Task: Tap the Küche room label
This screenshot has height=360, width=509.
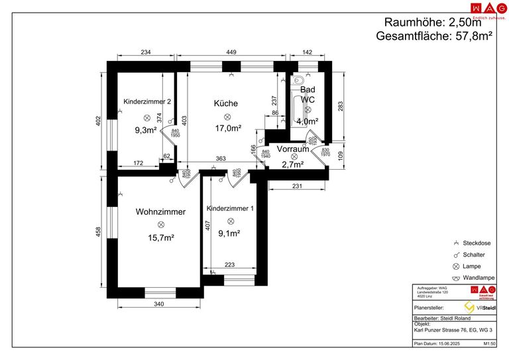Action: (x=225, y=103)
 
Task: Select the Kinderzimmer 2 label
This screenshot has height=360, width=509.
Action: (x=148, y=101)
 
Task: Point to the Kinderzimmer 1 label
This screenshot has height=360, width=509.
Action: (x=230, y=208)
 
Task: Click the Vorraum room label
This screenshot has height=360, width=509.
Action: (x=292, y=149)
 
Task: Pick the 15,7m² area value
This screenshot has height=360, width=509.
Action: (x=160, y=237)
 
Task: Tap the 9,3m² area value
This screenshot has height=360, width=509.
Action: (x=146, y=130)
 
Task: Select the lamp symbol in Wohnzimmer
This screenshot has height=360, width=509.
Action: (x=160, y=225)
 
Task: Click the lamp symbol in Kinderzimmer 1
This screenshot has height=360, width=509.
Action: (x=230, y=221)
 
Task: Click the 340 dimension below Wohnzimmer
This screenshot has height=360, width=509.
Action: (x=158, y=304)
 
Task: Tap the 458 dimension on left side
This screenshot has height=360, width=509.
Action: (x=98, y=231)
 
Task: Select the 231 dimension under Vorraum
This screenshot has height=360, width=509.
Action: (x=298, y=186)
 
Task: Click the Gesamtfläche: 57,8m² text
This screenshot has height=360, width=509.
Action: (x=433, y=36)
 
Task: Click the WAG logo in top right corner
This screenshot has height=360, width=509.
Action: (x=483, y=8)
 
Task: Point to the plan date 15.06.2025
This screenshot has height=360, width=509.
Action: (x=450, y=344)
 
